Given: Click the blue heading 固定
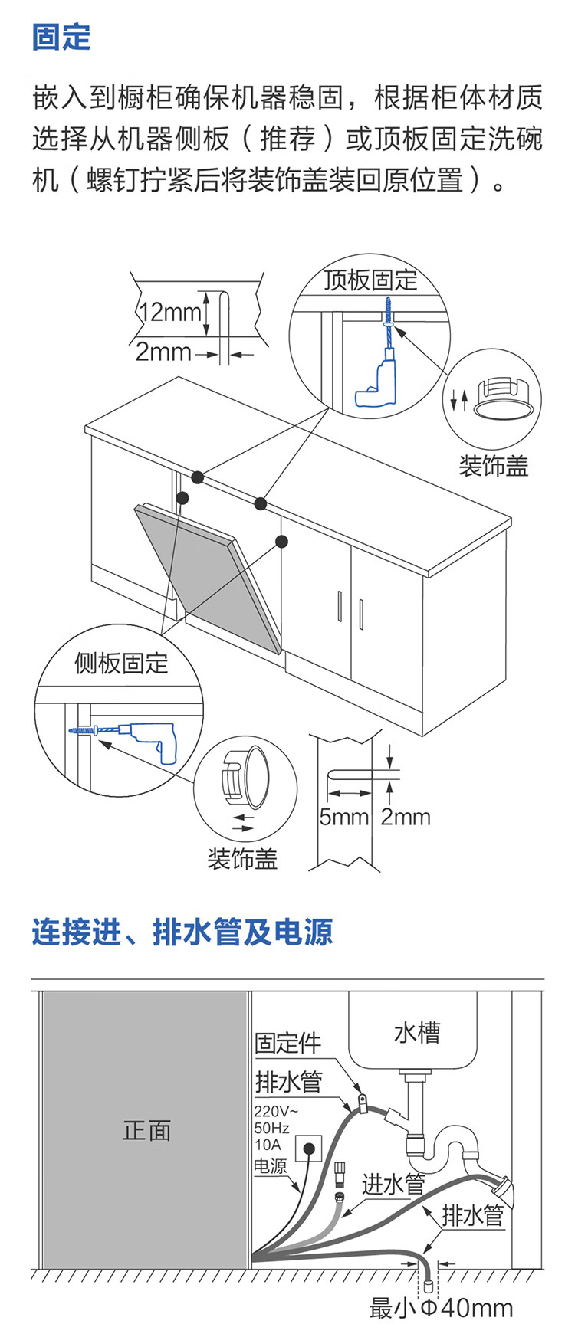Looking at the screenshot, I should tap(61, 38).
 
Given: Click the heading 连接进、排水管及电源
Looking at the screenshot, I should tap(182, 932).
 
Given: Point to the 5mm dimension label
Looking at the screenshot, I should tap(343, 817).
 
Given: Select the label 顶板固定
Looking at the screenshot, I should tap(370, 280).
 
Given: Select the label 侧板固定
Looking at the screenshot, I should tap(121, 663).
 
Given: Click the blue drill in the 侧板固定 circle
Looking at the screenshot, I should tap(150, 738).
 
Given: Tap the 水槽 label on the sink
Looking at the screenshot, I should tap(416, 1033).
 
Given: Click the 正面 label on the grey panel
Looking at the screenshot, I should tap(146, 1130).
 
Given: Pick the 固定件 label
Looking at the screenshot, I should tap(287, 1043).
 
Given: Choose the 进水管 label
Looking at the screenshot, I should tap(393, 1185).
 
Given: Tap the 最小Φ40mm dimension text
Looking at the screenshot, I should tap(441, 1308).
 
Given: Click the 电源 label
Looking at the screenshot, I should tap(270, 1165).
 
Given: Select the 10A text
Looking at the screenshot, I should tap(268, 1145).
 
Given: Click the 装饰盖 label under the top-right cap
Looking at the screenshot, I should tap(493, 466).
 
